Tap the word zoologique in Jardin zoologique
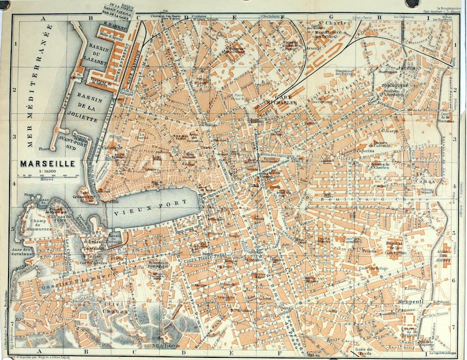click(x=394, y=85)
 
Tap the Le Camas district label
click(x=425, y=177)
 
